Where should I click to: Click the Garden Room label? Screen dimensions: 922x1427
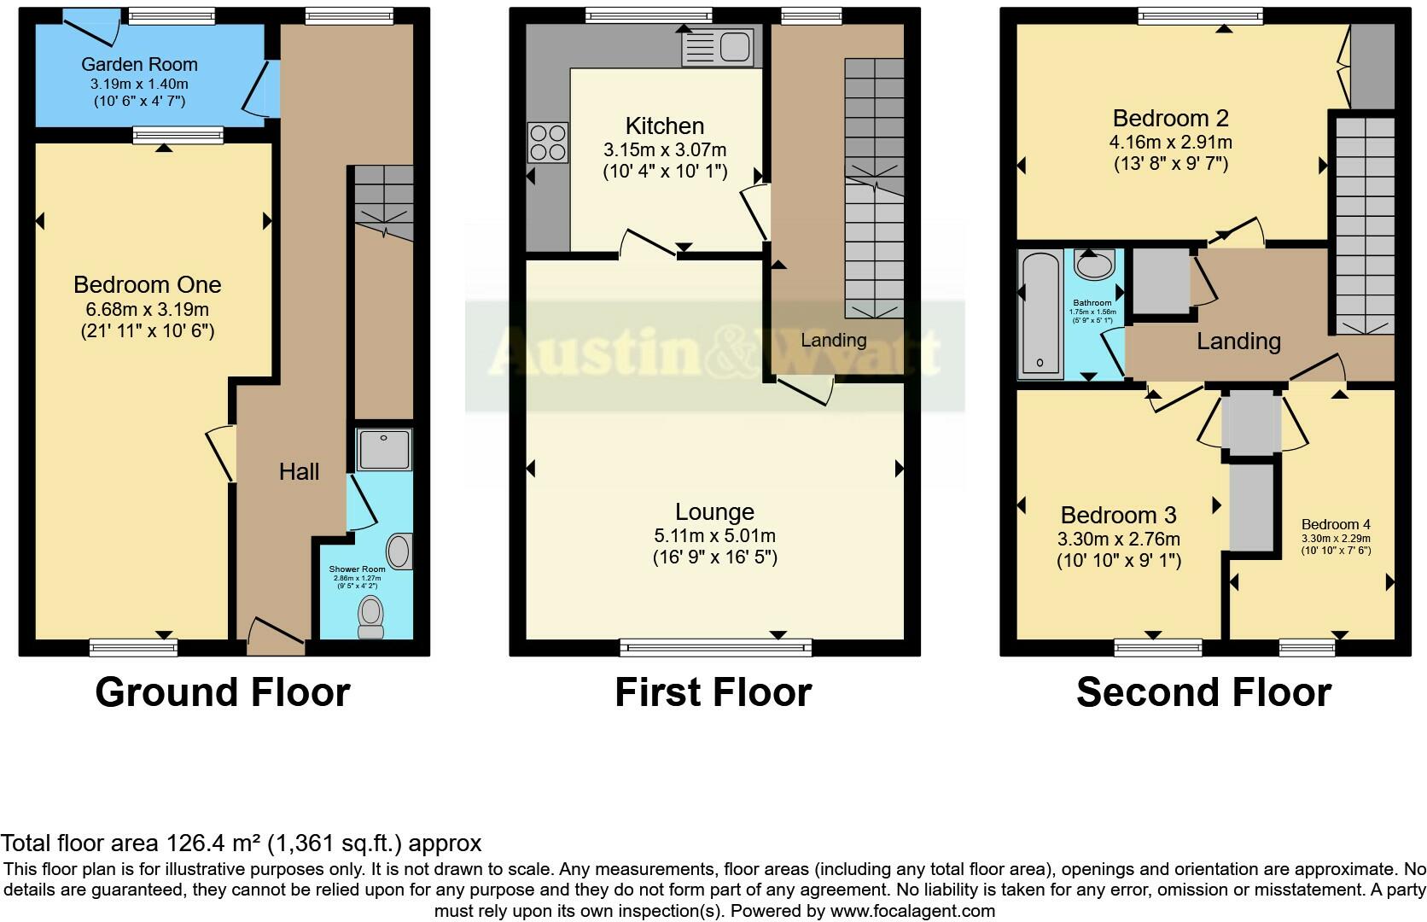tap(139, 64)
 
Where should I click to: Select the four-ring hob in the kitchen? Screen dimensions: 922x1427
tap(548, 143)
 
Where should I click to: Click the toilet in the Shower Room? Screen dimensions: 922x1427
tap(370, 616)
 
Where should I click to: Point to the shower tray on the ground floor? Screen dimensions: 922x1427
tap(384, 449)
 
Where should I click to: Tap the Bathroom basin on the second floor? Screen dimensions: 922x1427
tap(1093, 265)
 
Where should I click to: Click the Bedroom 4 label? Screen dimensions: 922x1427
tap(1336, 524)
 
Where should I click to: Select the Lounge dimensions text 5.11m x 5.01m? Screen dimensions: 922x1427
tap(714, 536)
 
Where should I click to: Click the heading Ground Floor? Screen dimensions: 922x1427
tap(222, 692)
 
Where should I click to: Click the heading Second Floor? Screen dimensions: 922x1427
tap(1203, 692)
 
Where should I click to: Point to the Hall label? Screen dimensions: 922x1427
tap(299, 471)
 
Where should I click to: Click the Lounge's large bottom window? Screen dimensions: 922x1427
tap(715, 648)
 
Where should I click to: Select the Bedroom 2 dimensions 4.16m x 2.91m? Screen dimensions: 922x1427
tap(1170, 142)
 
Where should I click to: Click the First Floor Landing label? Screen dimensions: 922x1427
tap(833, 340)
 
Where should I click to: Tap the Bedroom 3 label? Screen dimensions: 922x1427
tap(1118, 515)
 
